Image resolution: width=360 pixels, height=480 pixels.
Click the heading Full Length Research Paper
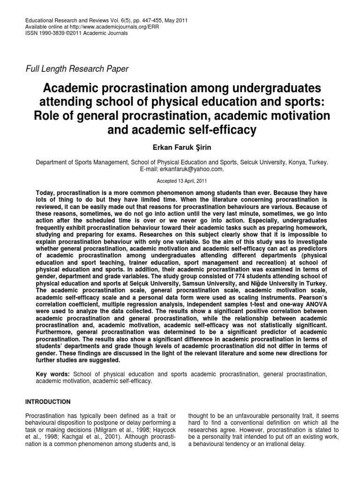pyautogui.click(x=77, y=69)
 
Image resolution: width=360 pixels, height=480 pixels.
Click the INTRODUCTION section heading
pyautogui.click(x=48, y=402)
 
